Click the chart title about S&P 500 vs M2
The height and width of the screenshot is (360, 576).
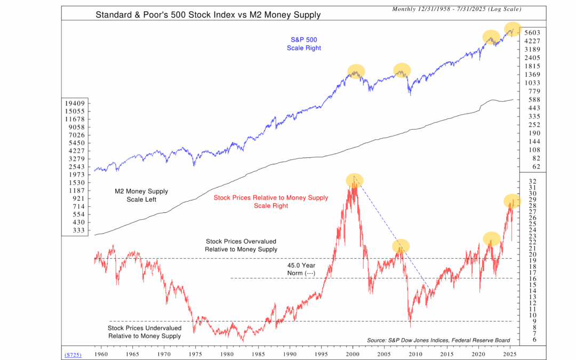[x=208, y=14]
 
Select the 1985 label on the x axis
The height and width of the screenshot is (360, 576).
[x=258, y=354]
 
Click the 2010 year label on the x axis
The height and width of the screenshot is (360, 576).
[x=415, y=354]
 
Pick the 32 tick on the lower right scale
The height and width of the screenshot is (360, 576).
[x=532, y=181]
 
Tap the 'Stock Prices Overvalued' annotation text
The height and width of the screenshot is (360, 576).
[x=241, y=245]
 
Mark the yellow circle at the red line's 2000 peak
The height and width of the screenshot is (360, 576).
[x=353, y=180]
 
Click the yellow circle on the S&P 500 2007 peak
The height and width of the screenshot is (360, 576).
[x=402, y=70]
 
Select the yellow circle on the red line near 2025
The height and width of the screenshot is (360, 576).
[x=512, y=201]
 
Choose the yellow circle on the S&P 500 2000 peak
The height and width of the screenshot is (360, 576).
[x=356, y=71]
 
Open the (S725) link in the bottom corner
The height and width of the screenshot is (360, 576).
[x=73, y=354]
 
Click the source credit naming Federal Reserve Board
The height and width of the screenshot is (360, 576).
[x=438, y=340]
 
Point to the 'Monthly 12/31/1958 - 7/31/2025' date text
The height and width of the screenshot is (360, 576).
[x=457, y=9]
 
